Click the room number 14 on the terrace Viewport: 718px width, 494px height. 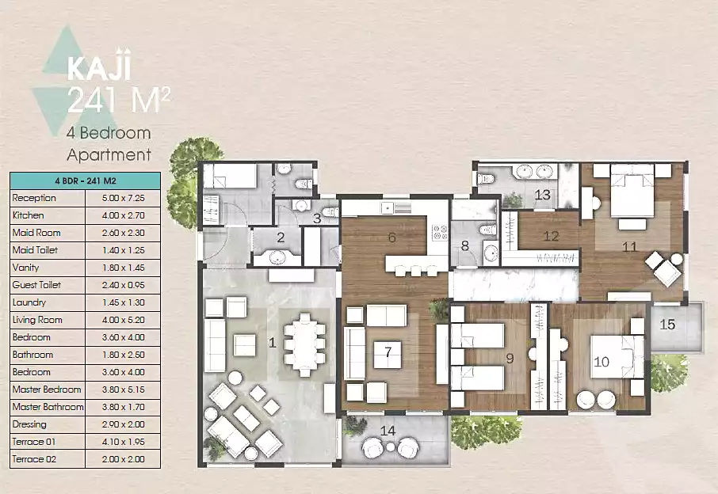pos(388,431)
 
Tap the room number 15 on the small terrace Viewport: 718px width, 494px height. pos(667,325)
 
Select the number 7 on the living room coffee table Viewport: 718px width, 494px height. pos(388,351)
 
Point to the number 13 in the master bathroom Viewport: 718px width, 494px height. pos(542,195)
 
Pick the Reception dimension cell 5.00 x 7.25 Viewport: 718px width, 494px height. pos(123,199)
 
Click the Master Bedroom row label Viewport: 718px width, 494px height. pos(47,389)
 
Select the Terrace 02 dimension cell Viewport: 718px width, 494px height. pos(123,459)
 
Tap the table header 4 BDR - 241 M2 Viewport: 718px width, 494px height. pos(85,180)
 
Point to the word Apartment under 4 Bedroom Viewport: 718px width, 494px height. pos(109,155)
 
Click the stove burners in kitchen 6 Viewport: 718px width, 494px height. pos(440,232)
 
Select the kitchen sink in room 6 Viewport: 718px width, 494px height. pos(388,208)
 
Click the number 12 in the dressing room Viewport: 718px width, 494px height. pos(551,236)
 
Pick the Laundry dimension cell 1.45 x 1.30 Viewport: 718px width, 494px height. pos(123,302)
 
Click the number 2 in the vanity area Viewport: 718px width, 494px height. pos(281,237)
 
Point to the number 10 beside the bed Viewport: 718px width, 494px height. pos(602,362)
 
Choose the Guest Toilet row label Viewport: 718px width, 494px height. pos(36,285)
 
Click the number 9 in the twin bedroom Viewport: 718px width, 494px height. pos(510,359)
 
